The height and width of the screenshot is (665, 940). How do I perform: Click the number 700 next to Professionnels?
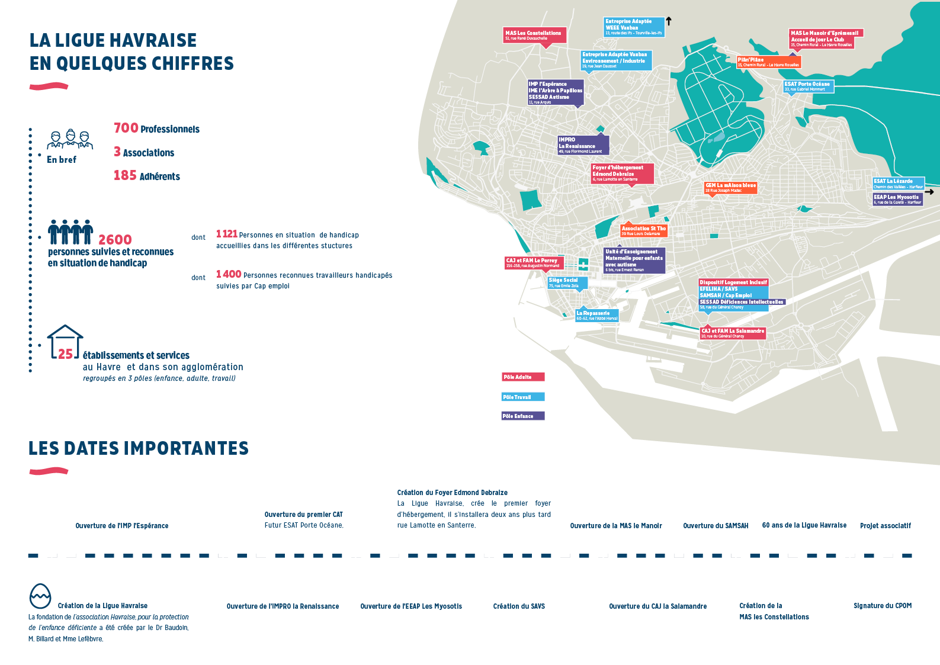[x=126, y=128]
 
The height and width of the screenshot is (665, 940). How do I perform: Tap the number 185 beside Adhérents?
[x=125, y=175]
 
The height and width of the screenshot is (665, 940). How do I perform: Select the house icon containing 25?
[x=65, y=343]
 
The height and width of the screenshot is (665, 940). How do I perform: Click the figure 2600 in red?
[x=115, y=239]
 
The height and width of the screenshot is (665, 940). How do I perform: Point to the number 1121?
[x=226, y=234]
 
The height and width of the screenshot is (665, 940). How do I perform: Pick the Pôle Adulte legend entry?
[x=523, y=377]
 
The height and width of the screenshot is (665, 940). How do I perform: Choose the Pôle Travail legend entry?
[x=522, y=397]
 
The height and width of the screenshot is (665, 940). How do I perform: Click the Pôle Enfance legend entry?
[x=522, y=416]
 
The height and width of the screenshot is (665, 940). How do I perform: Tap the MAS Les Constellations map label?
[x=534, y=35]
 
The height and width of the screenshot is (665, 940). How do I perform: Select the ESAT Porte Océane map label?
[x=808, y=86]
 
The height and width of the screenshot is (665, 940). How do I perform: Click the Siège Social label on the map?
[x=567, y=282]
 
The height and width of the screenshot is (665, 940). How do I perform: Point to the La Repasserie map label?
[x=596, y=315]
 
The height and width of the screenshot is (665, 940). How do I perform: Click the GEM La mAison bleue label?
[x=730, y=187]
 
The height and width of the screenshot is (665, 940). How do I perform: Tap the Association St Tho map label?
[x=644, y=230]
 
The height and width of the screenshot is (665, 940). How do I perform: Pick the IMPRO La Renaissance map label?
[x=583, y=145]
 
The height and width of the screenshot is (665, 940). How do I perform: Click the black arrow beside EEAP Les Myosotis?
[x=929, y=192]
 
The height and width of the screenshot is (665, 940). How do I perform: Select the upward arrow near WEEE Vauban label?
[x=669, y=21]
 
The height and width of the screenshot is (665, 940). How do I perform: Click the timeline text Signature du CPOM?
[x=882, y=606]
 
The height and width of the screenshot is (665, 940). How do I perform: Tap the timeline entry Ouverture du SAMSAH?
[x=716, y=526]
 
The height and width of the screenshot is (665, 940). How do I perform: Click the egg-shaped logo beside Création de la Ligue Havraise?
[x=40, y=596]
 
